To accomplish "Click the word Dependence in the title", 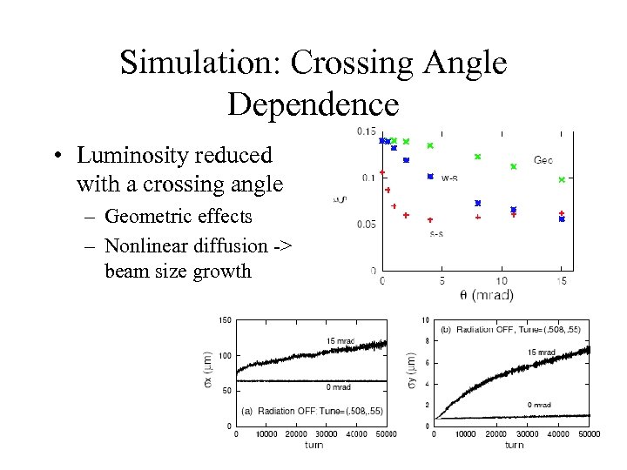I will [x=313, y=104].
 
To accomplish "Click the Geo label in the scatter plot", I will [x=543, y=160].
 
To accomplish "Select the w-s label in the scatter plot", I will [x=450, y=178].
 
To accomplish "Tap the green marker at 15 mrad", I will [x=562, y=180].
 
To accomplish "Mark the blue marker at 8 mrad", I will [x=477, y=204].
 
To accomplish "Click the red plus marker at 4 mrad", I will [x=430, y=220].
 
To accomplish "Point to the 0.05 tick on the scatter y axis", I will [x=366, y=225].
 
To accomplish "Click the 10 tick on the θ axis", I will [x=502, y=281].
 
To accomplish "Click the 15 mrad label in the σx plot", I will [x=340, y=339].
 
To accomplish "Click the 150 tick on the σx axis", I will [x=224, y=320].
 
